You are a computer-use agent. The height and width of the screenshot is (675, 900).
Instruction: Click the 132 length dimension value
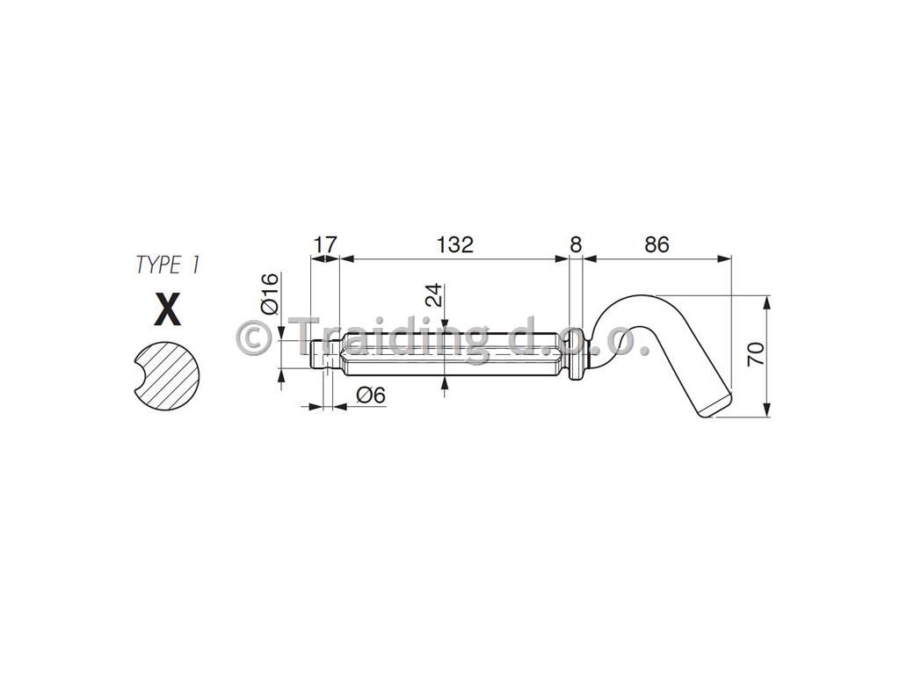455,244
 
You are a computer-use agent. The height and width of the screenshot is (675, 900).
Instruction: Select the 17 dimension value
325,244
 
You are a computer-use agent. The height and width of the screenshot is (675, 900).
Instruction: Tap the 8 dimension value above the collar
575,244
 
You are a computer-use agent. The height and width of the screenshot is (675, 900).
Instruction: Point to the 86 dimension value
657,244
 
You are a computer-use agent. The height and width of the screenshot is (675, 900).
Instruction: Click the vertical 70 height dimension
756,353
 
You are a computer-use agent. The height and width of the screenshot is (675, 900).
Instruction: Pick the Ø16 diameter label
269,294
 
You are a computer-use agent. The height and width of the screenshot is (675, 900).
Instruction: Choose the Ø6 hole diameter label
370,396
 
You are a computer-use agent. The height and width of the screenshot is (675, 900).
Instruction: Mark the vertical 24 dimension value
435,295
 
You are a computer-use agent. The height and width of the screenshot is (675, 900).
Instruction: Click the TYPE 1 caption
168,265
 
